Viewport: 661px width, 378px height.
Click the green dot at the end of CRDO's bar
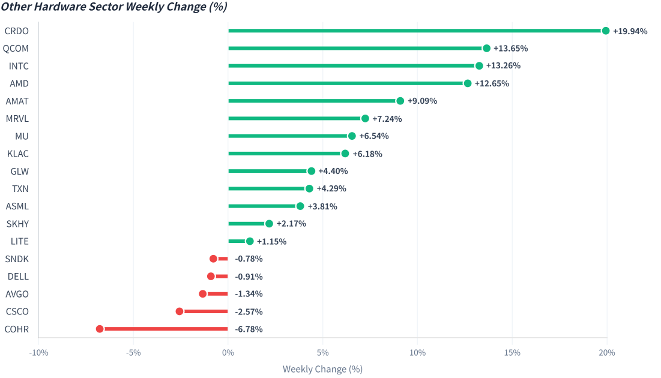[x=605, y=31]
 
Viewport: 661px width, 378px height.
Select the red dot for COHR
[x=100, y=329]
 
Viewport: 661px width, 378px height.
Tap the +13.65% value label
[x=510, y=49]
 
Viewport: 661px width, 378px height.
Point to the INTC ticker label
[x=19, y=66]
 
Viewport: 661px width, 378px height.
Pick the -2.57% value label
[x=249, y=312]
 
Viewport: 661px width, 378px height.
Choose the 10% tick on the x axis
[x=417, y=353]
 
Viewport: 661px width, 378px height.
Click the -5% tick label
[x=133, y=353]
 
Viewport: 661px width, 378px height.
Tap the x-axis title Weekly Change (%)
[x=322, y=369]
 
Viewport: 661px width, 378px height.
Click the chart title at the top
[x=114, y=7]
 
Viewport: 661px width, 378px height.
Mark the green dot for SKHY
[x=269, y=224]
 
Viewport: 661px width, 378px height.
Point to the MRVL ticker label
[x=17, y=119]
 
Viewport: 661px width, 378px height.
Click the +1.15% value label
[x=271, y=241]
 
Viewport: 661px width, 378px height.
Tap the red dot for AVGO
[x=203, y=294]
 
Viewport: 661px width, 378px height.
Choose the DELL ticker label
[x=18, y=277]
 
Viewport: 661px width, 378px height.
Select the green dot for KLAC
[x=345, y=154]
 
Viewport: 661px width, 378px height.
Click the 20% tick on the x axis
[x=606, y=353]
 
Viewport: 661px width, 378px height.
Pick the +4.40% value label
[x=333, y=171]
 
